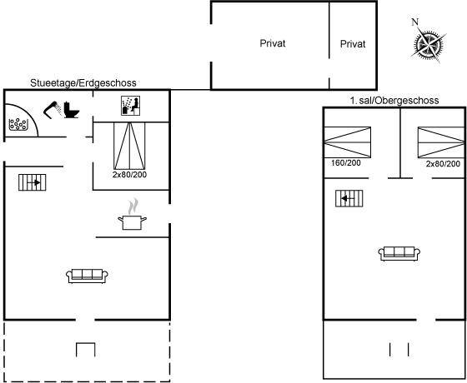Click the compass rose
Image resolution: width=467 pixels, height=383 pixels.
coord(428,45)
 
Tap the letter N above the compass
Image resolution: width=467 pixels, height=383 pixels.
coord(415,22)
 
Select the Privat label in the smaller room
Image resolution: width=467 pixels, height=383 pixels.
coord(353,44)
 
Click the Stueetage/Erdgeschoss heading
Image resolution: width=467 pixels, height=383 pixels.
coord(83,82)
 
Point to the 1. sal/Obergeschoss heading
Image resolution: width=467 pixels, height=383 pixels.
coord(394,100)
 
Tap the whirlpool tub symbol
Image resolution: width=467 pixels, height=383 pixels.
coord(18,124)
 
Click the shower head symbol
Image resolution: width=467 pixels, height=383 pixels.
coord(53,109)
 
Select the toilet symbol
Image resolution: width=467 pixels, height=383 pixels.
coord(72,110)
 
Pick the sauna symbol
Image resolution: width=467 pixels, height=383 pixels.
coord(130,105)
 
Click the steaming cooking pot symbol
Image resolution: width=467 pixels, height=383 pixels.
coord(132,215)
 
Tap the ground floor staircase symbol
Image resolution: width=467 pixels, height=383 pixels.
coord(33,182)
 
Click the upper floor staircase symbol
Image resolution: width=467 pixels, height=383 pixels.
coord(349,198)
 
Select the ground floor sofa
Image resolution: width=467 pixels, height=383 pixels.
coord(87,276)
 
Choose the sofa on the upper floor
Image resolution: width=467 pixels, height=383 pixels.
coord(399,254)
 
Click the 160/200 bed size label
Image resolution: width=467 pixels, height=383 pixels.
coord(346,163)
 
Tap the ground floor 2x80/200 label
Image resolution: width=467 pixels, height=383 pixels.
coord(129,175)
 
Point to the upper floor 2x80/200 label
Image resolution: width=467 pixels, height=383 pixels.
coord(443,163)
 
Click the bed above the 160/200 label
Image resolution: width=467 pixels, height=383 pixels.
coord(347,142)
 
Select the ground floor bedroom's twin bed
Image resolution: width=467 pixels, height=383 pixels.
coord(129,146)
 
